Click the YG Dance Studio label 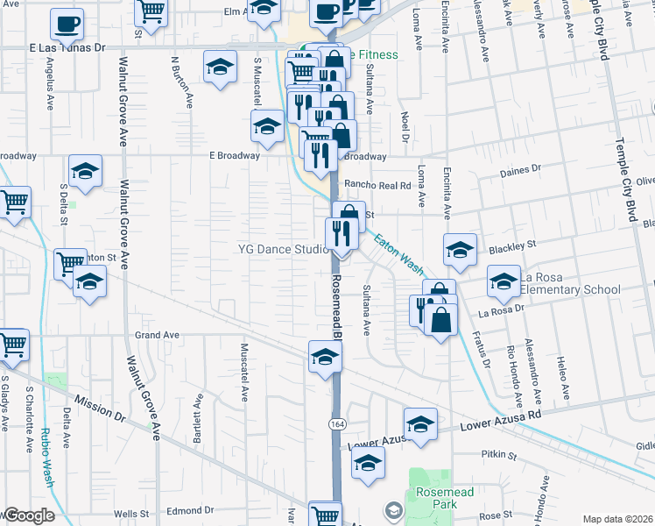tap(284, 249)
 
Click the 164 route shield tap(335, 423)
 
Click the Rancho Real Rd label tap(377, 185)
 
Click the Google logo tap(28, 515)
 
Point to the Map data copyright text tap(617, 519)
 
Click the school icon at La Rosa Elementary tap(504, 282)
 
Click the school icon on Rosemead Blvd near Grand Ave tap(324, 357)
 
